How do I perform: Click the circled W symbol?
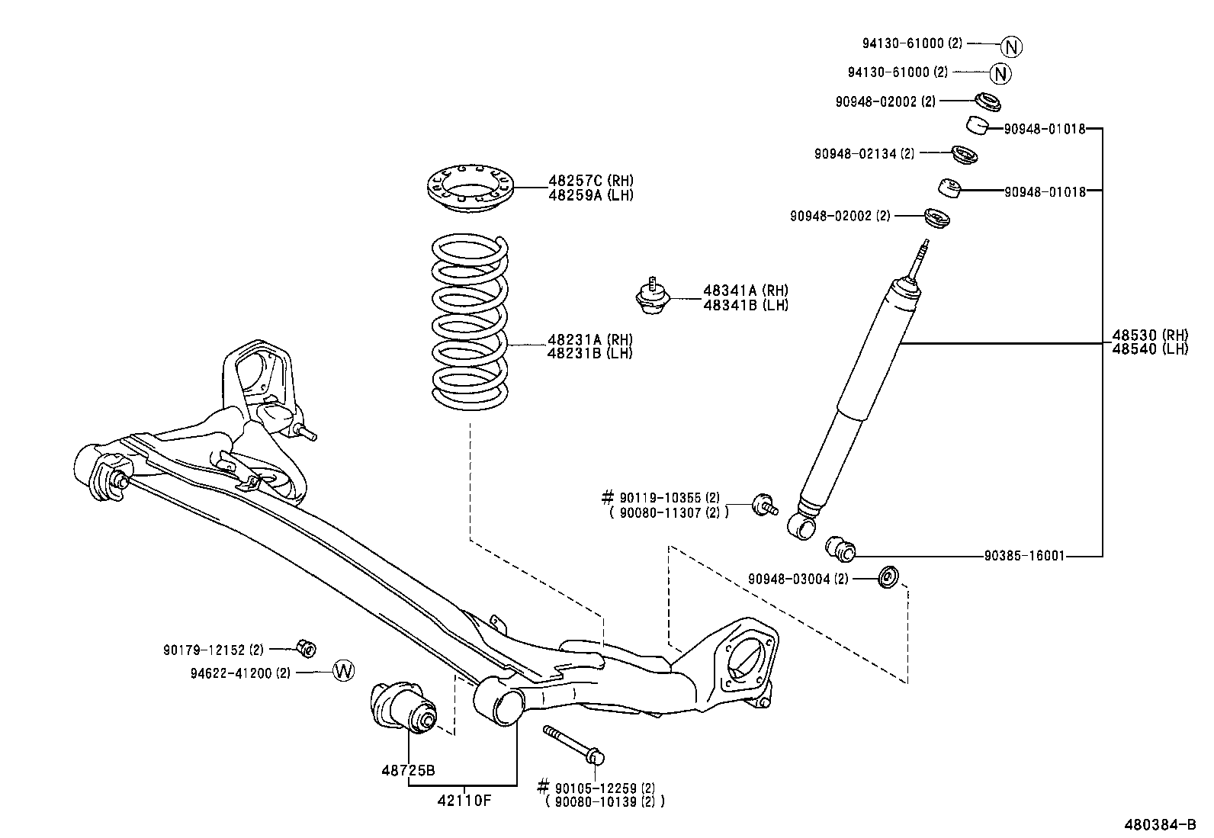(x=344, y=671)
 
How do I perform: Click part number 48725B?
(x=408, y=770)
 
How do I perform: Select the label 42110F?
(x=464, y=800)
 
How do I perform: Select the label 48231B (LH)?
(x=589, y=353)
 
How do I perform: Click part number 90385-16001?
(x=1023, y=557)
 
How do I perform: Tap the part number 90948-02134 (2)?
(x=863, y=153)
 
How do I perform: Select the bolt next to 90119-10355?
(x=764, y=504)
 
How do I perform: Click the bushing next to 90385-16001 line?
(x=841, y=547)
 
